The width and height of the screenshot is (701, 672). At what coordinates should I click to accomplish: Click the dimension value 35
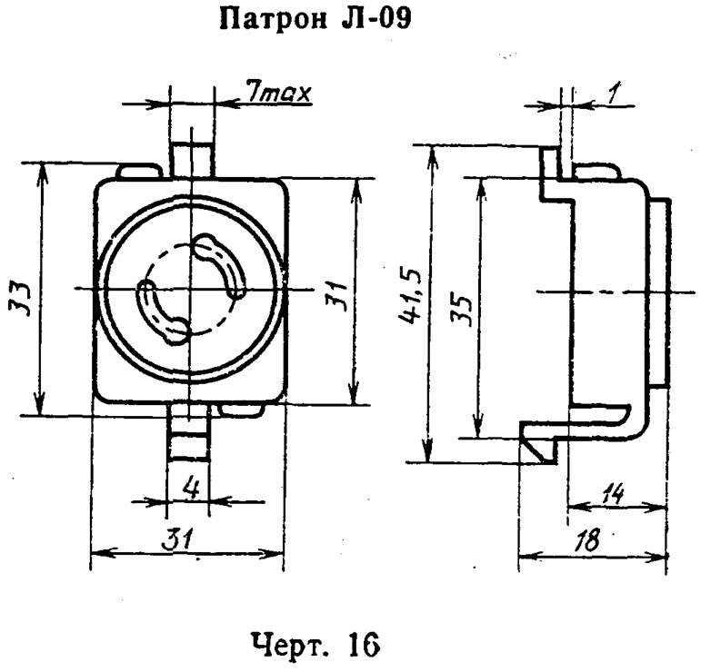pyautogui.click(x=462, y=311)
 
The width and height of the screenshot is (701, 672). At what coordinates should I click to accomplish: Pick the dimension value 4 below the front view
pyautogui.click(x=191, y=488)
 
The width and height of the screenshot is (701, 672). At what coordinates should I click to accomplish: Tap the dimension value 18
pyautogui.click(x=592, y=540)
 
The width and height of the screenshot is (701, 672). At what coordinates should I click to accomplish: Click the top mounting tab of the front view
pyautogui.click(x=191, y=154)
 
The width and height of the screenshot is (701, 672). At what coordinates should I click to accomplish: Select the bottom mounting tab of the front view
pyautogui.click(x=189, y=435)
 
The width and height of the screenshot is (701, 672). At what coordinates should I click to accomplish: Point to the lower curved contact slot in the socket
pyautogui.click(x=162, y=312)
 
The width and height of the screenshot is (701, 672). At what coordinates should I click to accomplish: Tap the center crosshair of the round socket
pyautogui.click(x=191, y=289)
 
